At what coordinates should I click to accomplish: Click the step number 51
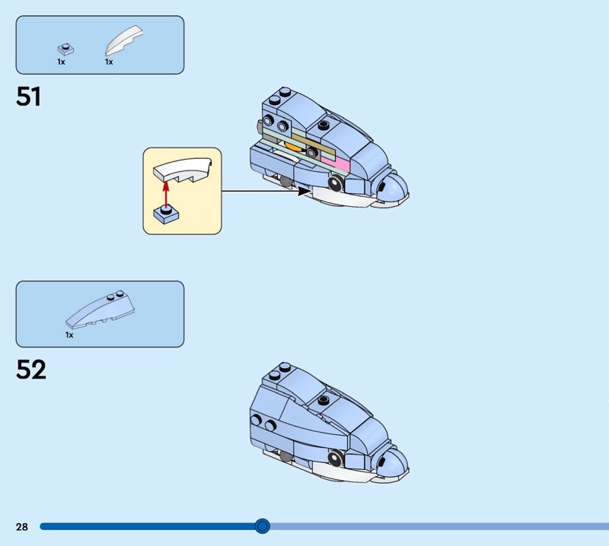(28, 97)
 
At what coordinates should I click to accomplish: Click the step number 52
(31, 370)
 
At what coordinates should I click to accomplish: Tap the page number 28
(22, 526)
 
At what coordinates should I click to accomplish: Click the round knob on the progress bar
(262, 526)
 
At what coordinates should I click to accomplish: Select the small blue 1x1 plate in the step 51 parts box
(65, 49)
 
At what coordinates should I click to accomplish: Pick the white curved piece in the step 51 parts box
(123, 40)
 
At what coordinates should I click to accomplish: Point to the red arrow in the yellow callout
(166, 196)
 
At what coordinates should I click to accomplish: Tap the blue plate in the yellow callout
(166, 214)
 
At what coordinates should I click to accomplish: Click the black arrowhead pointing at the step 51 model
(304, 191)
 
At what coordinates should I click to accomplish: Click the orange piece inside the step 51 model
(293, 146)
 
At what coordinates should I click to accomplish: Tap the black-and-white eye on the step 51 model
(336, 183)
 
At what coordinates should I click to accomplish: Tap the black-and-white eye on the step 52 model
(336, 458)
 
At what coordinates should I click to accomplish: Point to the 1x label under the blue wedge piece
(69, 335)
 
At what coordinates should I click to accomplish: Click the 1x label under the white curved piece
(109, 62)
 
